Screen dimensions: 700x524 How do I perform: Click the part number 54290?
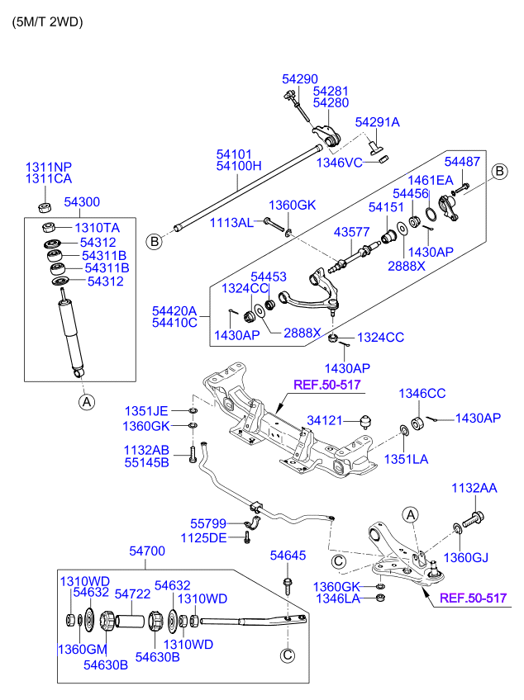(x=299, y=78)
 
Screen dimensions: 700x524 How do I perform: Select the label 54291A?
(x=377, y=122)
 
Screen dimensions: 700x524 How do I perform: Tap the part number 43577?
(x=351, y=234)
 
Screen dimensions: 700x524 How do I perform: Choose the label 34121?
(x=324, y=420)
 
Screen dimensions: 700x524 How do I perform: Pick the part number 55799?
(x=207, y=523)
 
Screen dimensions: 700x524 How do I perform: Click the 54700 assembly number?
(x=146, y=551)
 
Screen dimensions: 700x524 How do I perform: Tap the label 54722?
(x=131, y=594)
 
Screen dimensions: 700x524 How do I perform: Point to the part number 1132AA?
(x=474, y=490)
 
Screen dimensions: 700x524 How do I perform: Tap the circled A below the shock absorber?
(x=85, y=402)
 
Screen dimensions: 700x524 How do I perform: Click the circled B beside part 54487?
(x=500, y=171)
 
